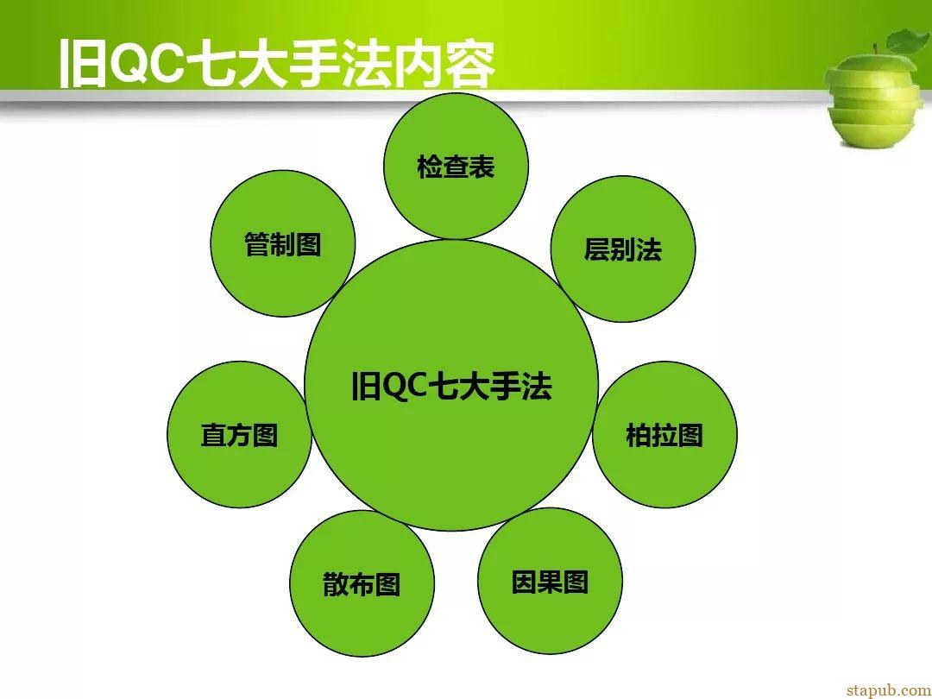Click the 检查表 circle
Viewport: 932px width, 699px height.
456,167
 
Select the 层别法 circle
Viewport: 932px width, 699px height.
623,249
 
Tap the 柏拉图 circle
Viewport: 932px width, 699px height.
665,434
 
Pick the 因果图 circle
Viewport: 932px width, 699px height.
550,582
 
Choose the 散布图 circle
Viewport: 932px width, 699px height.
362,583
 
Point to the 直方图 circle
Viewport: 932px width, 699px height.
240,434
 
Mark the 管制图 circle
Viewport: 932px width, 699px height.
283,243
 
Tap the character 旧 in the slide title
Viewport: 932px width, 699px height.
83,64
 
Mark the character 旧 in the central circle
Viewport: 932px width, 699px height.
366,387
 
